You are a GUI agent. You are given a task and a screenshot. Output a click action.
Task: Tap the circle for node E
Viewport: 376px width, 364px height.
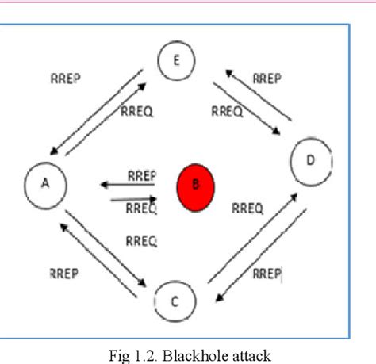[176, 60]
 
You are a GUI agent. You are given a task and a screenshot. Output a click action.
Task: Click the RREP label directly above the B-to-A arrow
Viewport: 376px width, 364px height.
[141, 175]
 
